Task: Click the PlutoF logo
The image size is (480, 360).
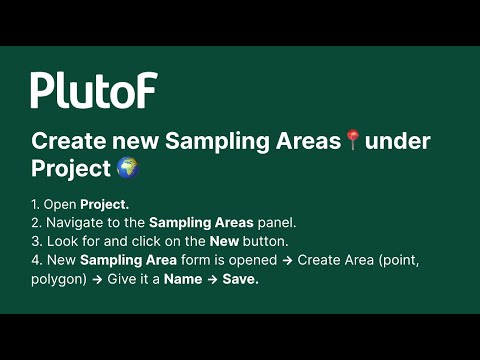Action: tap(93, 90)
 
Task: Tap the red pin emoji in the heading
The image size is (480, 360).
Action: tap(352, 141)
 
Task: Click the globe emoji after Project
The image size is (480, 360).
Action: tap(127, 168)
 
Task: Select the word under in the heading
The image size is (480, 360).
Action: tap(397, 141)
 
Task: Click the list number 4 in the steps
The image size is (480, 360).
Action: tap(35, 260)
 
